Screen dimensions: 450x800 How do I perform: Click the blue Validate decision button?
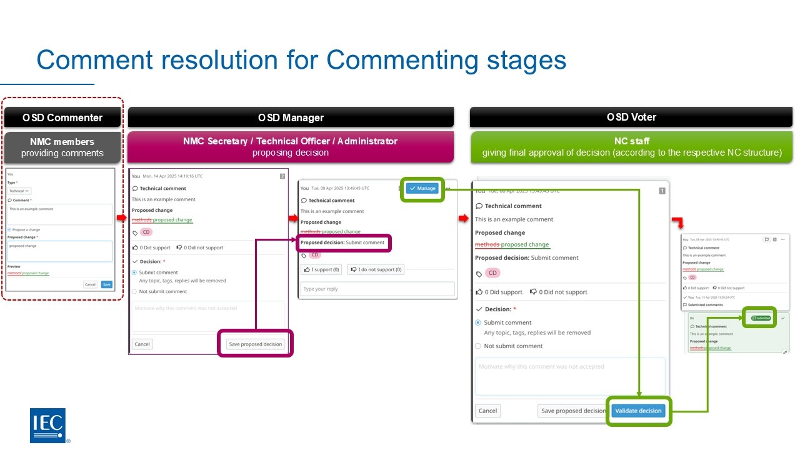coord(638,411)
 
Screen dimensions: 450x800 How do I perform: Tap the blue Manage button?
coord(422,188)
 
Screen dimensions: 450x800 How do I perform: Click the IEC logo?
coord(47,425)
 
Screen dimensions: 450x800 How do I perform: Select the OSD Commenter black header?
coord(62,117)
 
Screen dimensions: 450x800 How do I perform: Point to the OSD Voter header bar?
coord(631,117)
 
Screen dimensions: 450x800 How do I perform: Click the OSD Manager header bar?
coord(291,117)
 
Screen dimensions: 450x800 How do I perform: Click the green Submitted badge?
coord(760,318)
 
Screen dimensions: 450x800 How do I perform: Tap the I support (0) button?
coord(322,269)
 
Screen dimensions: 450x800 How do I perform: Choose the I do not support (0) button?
coord(376,269)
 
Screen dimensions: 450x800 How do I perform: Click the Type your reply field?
coord(377,289)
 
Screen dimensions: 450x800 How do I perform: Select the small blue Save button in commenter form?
coord(107,284)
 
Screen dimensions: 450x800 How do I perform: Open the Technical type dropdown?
coord(19,191)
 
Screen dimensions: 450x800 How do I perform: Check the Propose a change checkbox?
coord(9,229)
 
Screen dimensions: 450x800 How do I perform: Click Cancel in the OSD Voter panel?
coord(487,411)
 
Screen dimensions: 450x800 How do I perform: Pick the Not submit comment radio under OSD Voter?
coord(479,346)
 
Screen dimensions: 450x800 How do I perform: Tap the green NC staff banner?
coord(631,147)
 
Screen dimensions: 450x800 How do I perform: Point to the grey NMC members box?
coord(62,147)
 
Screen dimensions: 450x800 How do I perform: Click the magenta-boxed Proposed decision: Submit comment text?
coord(343,242)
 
